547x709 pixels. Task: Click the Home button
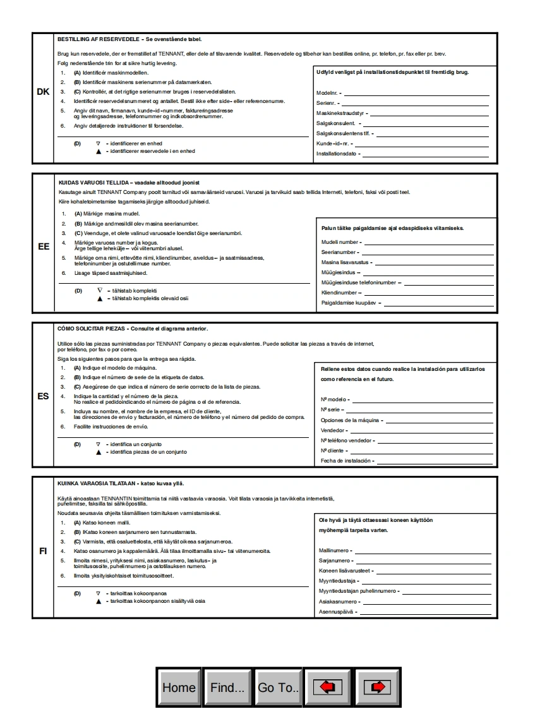(x=179, y=688)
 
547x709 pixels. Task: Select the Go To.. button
(x=279, y=688)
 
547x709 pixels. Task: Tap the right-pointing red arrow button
(x=378, y=688)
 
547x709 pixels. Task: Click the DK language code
(x=43, y=92)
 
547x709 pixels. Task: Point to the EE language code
(x=43, y=246)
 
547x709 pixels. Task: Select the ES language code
(x=43, y=397)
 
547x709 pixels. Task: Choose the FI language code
(x=43, y=551)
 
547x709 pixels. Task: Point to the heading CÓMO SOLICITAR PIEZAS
(x=92, y=329)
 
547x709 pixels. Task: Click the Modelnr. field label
(x=327, y=93)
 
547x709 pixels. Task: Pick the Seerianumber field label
(x=339, y=252)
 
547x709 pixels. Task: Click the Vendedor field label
(x=333, y=430)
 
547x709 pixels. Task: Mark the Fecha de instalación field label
(x=346, y=461)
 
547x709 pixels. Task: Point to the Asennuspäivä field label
(x=337, y=612)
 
